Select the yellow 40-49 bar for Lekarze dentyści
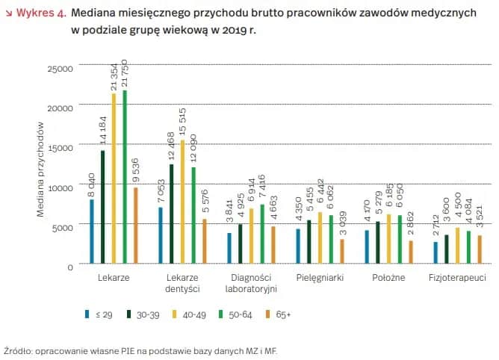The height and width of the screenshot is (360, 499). coord(182,202)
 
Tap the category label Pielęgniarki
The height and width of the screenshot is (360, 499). coord(320,278)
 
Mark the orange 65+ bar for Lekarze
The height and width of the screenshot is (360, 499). coord(136,225)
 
